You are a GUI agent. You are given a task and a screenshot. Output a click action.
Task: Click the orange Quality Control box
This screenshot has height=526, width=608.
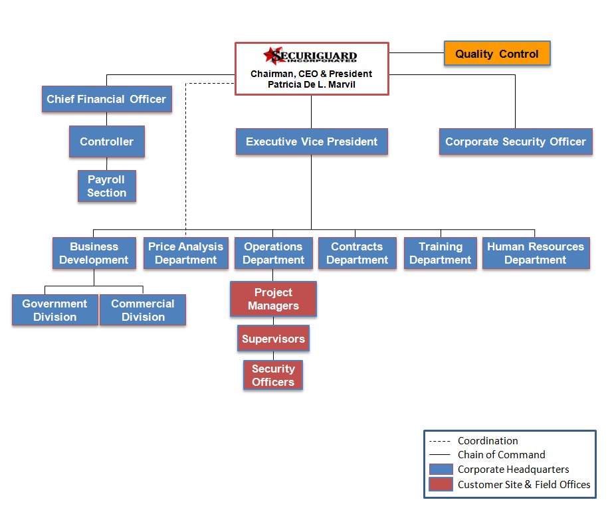[x=497, y=54]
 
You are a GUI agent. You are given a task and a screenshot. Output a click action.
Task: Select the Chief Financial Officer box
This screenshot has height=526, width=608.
[x=106, y=99]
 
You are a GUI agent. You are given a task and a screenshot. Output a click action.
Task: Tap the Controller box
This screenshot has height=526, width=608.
[x=106, y=141]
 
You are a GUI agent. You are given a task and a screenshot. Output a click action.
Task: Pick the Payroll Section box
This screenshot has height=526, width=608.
[x=106, y=186]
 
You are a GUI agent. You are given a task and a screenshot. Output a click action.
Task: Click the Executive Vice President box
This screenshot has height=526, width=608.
[x=312, y=141]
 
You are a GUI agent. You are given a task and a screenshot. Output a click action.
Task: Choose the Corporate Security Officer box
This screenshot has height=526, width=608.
[x=516, y=141]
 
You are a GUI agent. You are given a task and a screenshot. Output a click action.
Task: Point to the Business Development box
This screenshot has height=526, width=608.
[x=94, y=253]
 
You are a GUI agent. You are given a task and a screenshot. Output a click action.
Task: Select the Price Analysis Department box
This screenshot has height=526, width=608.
[x=186, y=253]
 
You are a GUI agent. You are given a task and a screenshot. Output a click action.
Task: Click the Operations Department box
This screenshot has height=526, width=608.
[x=273, y=253]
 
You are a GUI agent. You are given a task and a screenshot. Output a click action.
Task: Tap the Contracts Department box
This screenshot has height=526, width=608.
[x=357, y=253]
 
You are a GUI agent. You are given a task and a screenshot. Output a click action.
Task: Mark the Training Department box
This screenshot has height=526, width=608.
[x=441, y=253]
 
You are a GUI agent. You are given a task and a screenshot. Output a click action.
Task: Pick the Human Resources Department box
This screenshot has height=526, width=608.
[x=536, y=253]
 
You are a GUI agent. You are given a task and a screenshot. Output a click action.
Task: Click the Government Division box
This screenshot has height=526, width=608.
[x=55, y=310]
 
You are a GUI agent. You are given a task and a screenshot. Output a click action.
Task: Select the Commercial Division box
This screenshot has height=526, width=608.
[x=143, y=310]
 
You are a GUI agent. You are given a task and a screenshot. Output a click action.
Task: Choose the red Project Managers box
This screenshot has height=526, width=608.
[x=273, y=299]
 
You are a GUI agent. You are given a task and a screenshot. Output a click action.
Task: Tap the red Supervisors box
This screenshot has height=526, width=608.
[x=273, y=339]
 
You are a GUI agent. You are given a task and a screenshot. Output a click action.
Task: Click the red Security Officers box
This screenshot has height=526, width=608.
[x=273, y=375]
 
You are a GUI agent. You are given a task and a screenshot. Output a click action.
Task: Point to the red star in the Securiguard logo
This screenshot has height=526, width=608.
[x=272, y=54]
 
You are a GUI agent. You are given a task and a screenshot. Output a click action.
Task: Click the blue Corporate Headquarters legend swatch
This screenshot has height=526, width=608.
[x=441, y=470]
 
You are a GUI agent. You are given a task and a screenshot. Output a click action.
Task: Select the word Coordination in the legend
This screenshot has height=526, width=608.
[x=488, y=440]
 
